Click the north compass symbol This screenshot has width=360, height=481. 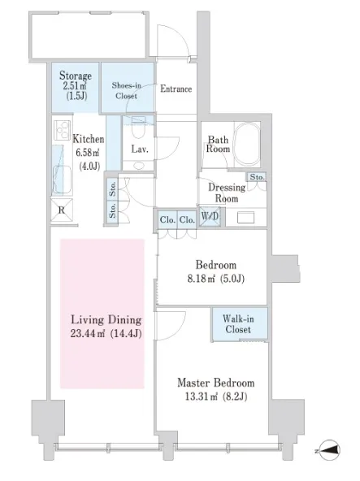(330, 450)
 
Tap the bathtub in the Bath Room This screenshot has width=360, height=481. (247, 145)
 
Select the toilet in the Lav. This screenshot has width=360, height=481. (138, 128)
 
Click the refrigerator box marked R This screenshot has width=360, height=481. (62, 210)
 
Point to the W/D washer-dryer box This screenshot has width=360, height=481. (210, 217)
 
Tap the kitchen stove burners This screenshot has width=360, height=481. (63, 130)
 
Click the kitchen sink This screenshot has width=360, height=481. (63, 180)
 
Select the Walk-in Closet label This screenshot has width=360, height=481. (238, 324)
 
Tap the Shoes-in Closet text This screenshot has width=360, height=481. (127, 90)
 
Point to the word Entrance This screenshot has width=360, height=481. (176, 89)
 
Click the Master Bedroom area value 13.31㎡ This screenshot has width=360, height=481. (201, 396)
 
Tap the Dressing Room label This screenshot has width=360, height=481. (227, 193)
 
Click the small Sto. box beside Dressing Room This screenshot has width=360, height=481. (257, 177)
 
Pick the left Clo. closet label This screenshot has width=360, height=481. (167, 219)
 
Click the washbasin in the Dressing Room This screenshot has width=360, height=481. (246, 218)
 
